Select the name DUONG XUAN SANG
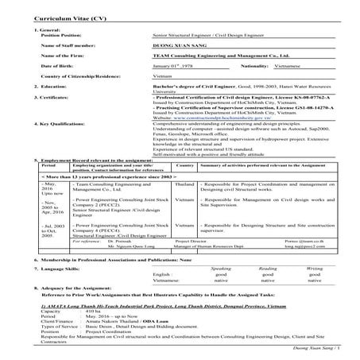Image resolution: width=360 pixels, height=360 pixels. click(x=181, y=47)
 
